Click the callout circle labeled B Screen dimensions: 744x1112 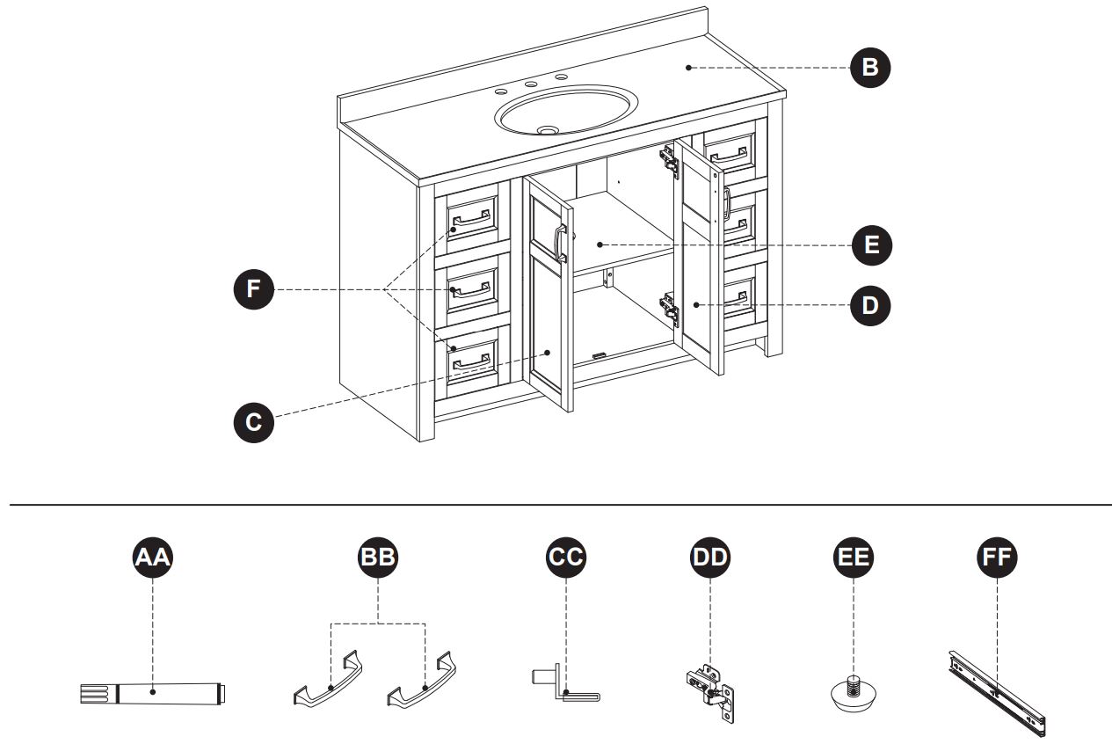pyautogui.click(x=870, y=69)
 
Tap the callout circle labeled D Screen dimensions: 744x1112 pyautogui.click(x=870, y=306)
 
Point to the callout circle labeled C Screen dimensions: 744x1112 pyautogui.click(x=253, y=421)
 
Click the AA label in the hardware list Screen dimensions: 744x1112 pyautogui.click(x=153, y=558)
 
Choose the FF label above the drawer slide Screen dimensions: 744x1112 pyautogui.click(x=997, y=558)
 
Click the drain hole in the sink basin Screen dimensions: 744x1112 pyautogui.click(x=548, y=130)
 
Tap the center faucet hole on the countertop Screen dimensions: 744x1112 pyautogui.click(x=530, y=85)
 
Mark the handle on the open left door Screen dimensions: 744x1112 pyautogui.click(x=559, y=244)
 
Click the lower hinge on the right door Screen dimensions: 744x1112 pyautogui.click(x=669, y=309)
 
